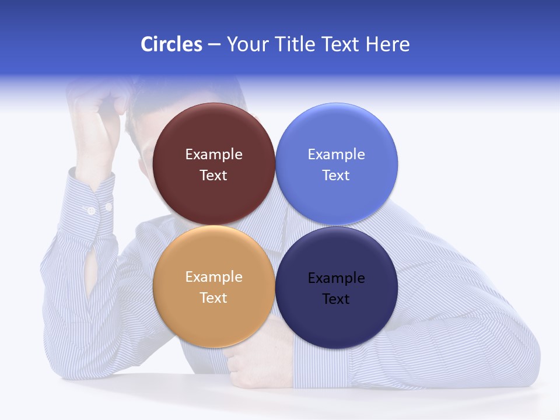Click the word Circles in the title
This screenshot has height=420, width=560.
[x=171, y=44]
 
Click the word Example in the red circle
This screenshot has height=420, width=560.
[x=213, y=155]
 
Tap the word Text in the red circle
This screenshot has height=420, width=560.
[x=213, y=175]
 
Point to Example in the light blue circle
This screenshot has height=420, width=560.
[x=337, y=155]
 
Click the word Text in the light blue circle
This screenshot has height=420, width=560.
[x=337, y=175]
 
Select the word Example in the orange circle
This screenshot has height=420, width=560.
[x=213, y=277]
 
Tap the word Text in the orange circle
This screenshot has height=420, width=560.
[x=213, y=297]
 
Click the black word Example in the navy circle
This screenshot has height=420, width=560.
[x=337, y=278]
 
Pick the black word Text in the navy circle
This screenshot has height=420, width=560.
[x=337, y=299]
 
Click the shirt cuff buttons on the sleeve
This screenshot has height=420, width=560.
[x=99, y=208]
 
